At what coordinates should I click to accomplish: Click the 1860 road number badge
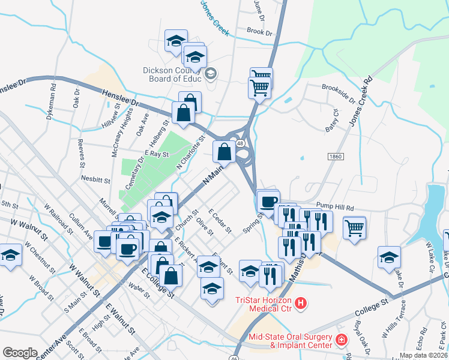tap(336, 156)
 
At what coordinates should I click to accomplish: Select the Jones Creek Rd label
tap(360, 101)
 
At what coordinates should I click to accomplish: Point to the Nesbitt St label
tap(95, 179)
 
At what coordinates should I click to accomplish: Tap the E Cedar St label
tap(219, 222)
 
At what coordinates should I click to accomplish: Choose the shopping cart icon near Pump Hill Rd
tap(355, 227)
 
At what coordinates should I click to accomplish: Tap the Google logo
tap(20, 353)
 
